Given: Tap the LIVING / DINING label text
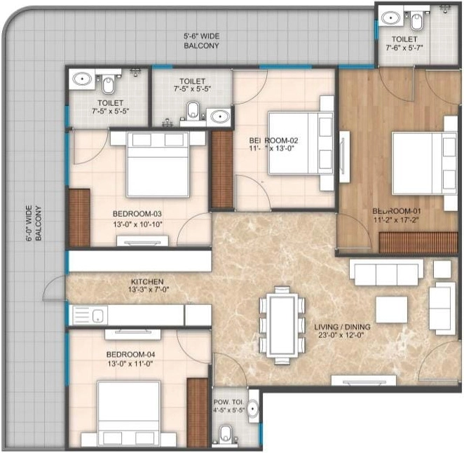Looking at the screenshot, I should (335, 327).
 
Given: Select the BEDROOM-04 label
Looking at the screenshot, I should (130, 355).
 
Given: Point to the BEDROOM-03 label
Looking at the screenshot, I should (137, 214).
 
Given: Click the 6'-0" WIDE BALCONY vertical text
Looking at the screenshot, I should (34, 223).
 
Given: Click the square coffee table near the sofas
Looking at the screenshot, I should (391, 309).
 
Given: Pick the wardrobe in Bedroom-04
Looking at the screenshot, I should (199, 412).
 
